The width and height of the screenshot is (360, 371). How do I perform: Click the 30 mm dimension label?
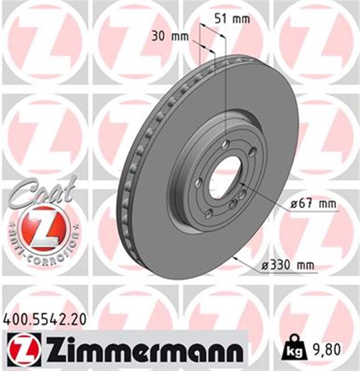pos(170,36)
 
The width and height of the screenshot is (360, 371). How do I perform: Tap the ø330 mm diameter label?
pos(288,265)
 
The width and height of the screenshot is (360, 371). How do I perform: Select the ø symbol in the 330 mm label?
pos(265,265)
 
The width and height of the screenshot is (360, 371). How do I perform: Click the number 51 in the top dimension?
pos(221,18)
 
